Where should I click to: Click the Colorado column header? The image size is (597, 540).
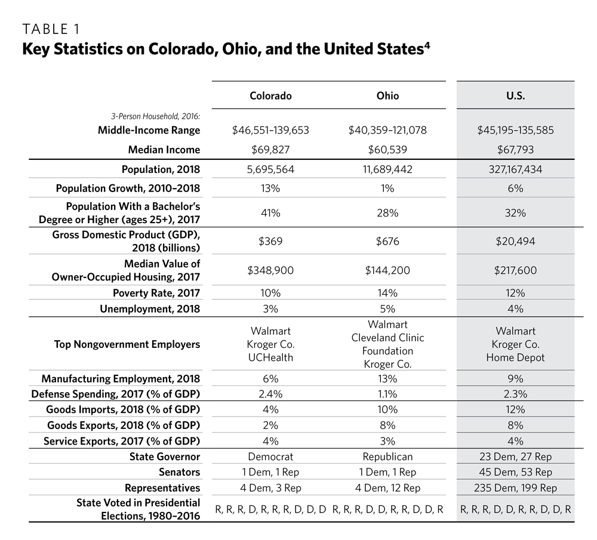pos(270,95)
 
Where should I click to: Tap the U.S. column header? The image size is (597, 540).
pos(515,95)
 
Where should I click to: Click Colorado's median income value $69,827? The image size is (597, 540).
pos(270,149)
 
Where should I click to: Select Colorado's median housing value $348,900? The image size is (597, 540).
pos(270,270)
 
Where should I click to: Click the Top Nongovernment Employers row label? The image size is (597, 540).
pos(127,344)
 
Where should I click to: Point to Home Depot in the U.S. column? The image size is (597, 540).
pos(515,357)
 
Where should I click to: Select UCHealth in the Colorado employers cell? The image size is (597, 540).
pos(270,357)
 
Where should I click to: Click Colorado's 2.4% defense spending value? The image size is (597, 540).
pos(270,394)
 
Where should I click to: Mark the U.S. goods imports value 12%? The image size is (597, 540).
pos(515,409)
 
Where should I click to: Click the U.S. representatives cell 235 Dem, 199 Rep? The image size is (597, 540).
pos(515,487)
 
